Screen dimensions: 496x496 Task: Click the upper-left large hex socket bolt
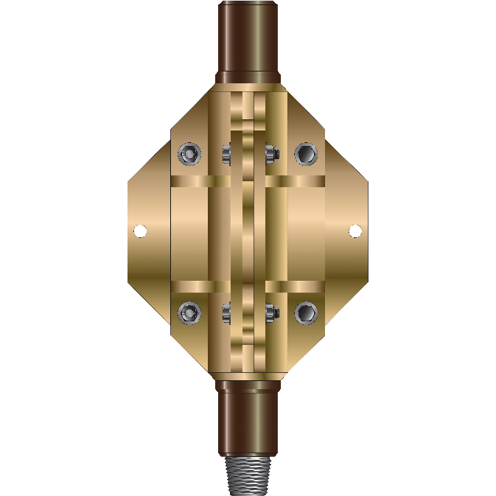point(189,153)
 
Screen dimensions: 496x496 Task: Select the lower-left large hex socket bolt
point(189,312)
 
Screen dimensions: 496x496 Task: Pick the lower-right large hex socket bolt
point(306,312)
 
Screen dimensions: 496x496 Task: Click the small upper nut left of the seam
point(227,154)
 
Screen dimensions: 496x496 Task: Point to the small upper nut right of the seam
point(271,154)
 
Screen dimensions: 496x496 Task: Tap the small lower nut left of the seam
point(227,313)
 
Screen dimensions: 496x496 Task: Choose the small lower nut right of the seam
point(271,313)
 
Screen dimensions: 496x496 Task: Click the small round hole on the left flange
point(141,231)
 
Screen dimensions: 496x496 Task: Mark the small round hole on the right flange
point(354,231)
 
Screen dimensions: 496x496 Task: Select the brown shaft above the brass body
point(248,37)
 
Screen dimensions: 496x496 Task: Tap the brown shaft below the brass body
point(248,424)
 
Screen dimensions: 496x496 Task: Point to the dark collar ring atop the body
point(248,78)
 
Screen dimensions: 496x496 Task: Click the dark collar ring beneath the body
point(248,386)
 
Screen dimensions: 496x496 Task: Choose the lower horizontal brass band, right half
point(295,286)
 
